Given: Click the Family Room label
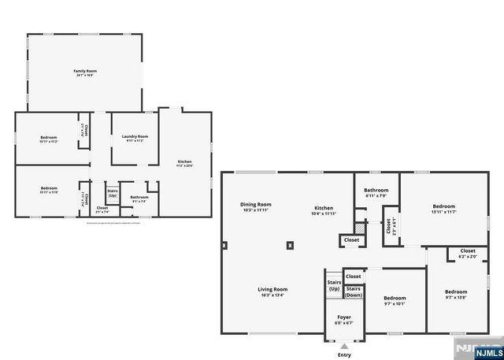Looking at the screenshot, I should tap(85, 72).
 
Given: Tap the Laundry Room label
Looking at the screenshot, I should tap(135, 137).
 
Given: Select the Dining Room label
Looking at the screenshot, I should tap(255, 205).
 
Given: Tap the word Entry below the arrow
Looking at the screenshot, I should tap(344, 355).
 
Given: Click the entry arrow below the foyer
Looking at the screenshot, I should tap(344, 345).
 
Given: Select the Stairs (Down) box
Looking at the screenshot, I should tap(354, 291).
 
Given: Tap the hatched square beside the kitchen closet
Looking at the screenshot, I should tap(360, 225).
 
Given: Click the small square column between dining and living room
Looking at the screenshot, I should tap(291, 245).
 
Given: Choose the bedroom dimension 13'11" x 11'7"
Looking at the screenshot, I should tap(443, 212).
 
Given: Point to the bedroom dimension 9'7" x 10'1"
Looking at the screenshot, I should tap(394, 303).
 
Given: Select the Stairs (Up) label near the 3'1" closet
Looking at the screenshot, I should tap(113, 192).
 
